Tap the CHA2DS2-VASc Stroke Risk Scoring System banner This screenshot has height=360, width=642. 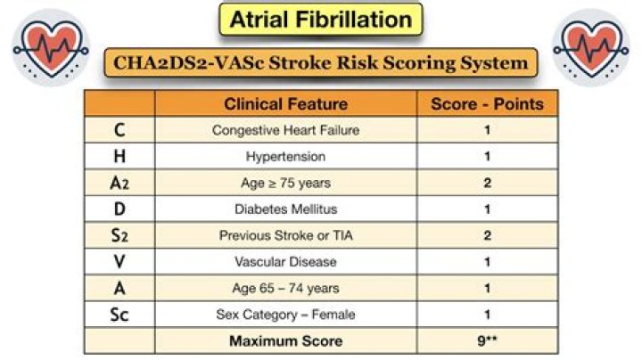pos(321,63)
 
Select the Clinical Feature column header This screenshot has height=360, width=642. pos(285,104)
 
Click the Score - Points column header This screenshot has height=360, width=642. pos(487,104)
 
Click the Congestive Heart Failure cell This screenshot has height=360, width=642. pos(285,130)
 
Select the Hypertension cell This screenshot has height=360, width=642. pos(285,157)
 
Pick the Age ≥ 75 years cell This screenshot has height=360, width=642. pos(285,183)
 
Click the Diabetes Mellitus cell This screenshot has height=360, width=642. pos(285,209)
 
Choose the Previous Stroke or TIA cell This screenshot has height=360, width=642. pos(285,236)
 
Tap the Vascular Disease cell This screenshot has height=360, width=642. pos(285,262)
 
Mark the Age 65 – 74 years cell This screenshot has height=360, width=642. pos(285,289)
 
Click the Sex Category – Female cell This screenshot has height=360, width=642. pos(285,315)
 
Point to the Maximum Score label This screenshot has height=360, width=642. pos(285,340)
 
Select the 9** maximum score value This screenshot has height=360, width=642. pos(487,340)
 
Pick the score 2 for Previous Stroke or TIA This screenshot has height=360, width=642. pos(487,236)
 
